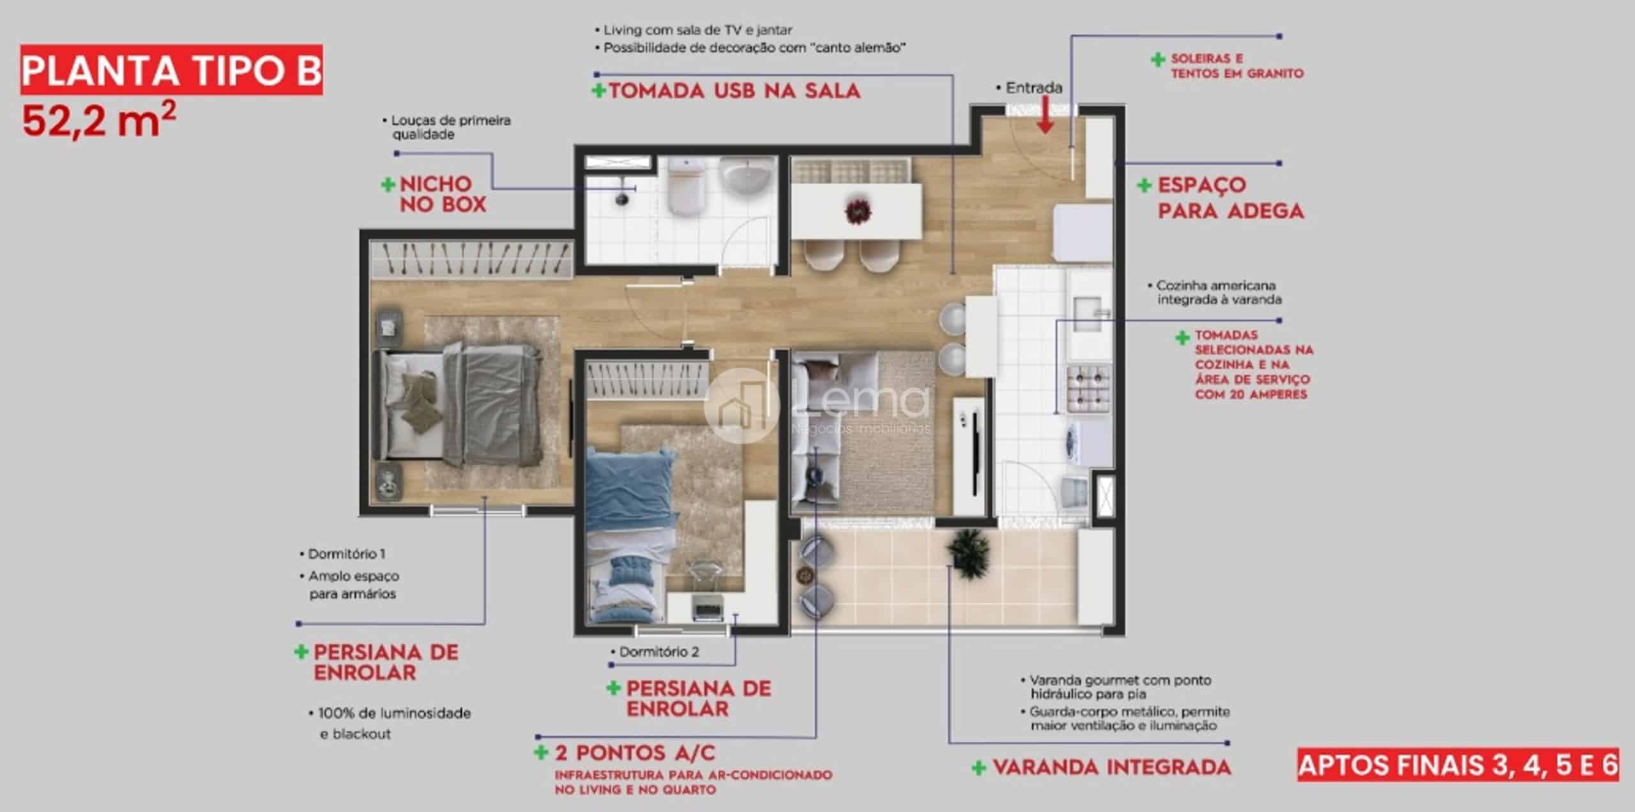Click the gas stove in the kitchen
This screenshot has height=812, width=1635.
click(x=1088, y=388)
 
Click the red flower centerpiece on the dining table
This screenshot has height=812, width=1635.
click(x=858, y=211)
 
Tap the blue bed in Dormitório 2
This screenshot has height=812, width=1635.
click(x=632, y=534)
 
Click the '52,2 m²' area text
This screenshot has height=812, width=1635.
click(x=99, y=119)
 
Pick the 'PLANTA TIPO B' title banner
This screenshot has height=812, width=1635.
click(x=171, y=70)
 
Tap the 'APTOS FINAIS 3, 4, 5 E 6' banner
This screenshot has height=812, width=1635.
click(x=1458, y=765)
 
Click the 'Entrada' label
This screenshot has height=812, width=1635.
click(x=1033, y=88)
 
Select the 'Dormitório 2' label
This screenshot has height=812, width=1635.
click(x=658, y=652)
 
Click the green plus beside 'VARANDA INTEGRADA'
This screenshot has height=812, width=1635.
click(x=978, y=767)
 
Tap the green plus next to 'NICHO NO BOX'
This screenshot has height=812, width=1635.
click(x=388, y=185)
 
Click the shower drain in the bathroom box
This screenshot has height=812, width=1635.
click(x=621, y=198)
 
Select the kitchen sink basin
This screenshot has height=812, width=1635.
click(x=1086, y=312)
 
